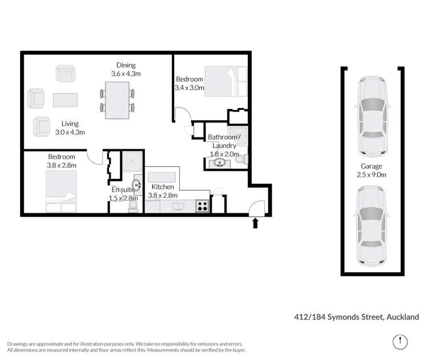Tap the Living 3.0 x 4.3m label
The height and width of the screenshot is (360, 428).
[70, 128]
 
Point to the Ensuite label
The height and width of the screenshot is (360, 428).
[123, 194]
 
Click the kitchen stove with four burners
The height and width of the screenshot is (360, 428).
[202, 207]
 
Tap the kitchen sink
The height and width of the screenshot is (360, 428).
[175, 207]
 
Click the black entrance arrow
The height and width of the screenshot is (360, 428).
[255, 223]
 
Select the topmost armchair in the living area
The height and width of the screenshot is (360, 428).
[64, 73]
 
